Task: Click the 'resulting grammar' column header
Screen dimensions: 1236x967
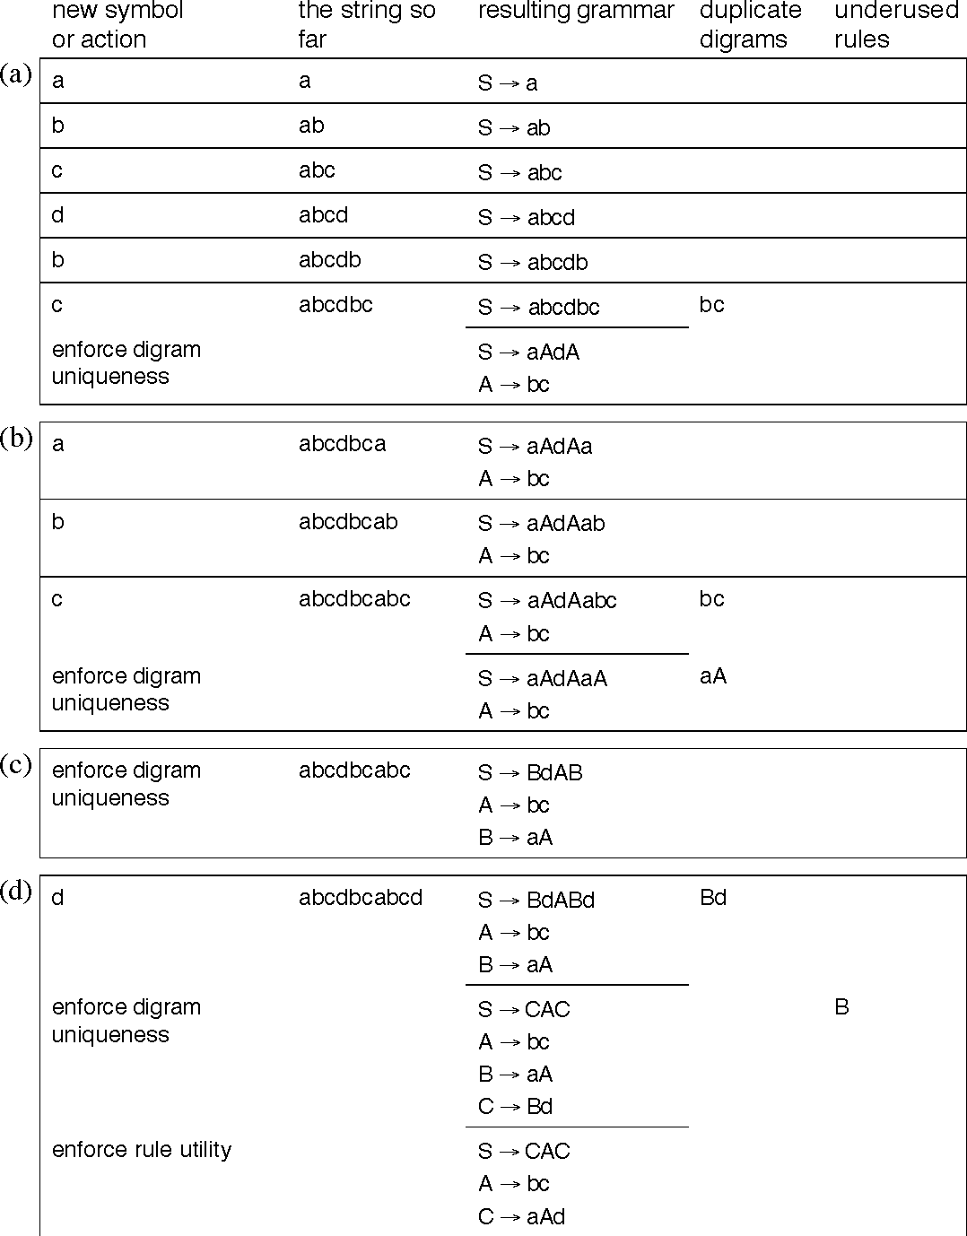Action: coord(576,12)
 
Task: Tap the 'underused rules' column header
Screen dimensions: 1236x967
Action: coord(896,25)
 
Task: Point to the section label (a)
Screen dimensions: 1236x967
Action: coord(16,74)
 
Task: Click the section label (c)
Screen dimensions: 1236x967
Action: coord(16,764)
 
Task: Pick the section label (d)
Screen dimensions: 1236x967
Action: coord(16,892)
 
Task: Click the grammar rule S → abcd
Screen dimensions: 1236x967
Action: coord(527,217)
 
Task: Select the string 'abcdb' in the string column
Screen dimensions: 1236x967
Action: coord(329,260)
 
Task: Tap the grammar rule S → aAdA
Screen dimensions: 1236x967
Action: coord(528,353)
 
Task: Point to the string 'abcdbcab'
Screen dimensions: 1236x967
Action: coord(348,522)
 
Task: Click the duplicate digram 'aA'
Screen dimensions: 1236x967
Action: coord(712,676)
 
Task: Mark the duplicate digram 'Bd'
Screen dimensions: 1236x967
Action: coord(712,898)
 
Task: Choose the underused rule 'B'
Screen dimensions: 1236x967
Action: coord(841,1007)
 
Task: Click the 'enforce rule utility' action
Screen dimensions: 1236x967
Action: coord(142,1150)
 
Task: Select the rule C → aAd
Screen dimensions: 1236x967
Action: coord(521,1216)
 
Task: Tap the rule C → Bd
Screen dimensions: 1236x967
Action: coord(515,1106)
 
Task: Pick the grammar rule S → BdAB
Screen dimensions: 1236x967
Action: coord(530,772)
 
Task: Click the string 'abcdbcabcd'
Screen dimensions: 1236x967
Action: coord(361,898)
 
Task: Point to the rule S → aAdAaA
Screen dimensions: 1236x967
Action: coord(542,679)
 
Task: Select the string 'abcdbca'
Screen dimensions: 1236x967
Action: coord(342,444)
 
